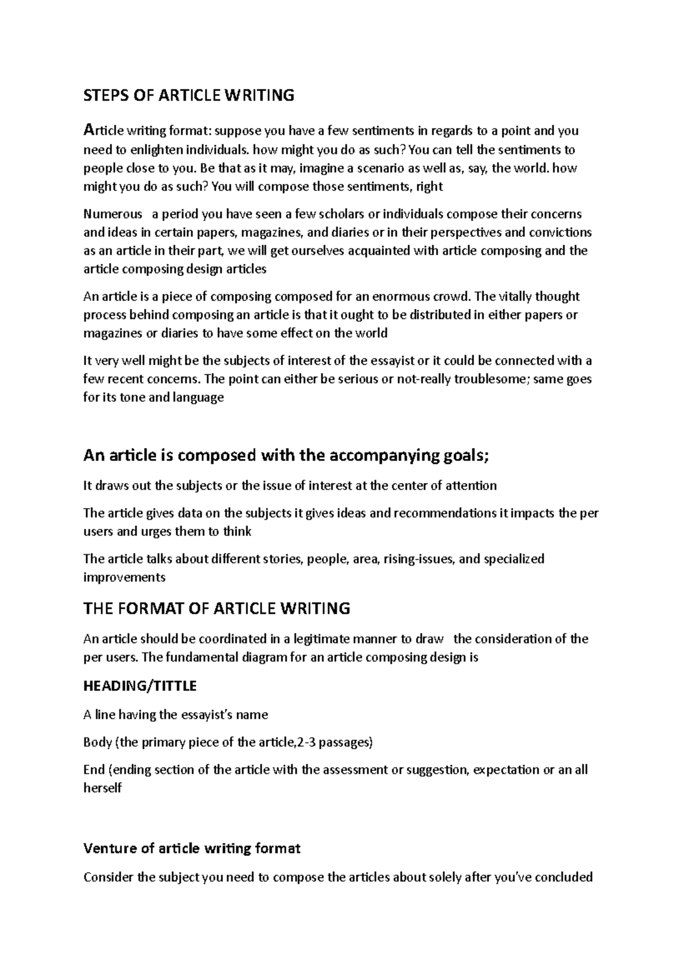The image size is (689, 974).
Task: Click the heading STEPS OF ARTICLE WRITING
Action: (189, 95)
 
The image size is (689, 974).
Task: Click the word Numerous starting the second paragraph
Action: (113, 215)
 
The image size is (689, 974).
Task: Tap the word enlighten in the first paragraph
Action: (154, 150)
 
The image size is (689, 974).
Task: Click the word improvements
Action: (124, 577)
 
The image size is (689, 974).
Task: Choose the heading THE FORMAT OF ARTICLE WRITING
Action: (216, 608)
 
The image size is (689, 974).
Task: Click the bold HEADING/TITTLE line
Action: (140, 686)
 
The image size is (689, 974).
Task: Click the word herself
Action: (103, 788)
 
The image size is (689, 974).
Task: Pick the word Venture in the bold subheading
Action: (109, 848)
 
